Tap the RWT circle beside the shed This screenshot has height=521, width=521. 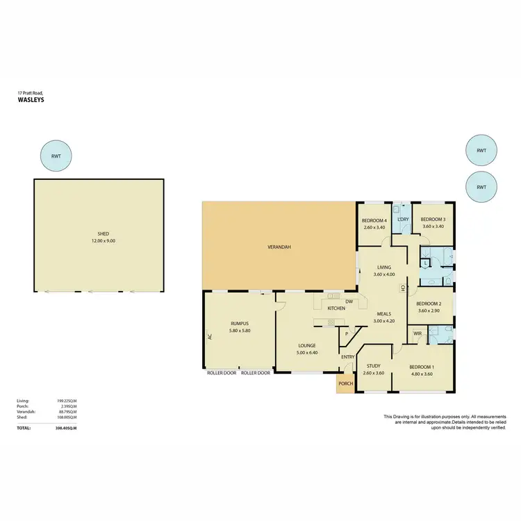56,157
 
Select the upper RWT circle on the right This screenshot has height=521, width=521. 481,151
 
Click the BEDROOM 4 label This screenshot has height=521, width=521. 374,220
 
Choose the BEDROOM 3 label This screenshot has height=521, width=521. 433,220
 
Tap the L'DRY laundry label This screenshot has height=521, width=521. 402,220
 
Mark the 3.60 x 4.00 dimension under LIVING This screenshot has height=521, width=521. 384,274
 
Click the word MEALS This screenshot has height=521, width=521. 383,313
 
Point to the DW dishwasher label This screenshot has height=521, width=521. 349,301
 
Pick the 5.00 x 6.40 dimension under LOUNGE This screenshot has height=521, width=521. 307,352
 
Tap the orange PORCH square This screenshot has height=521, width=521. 345,384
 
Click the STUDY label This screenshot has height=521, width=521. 374,365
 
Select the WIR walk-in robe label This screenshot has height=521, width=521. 417,334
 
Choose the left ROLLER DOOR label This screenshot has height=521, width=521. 222,373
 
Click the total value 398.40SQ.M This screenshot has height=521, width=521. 65,429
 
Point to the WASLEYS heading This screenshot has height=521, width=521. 31,100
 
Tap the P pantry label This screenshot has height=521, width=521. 346,334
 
